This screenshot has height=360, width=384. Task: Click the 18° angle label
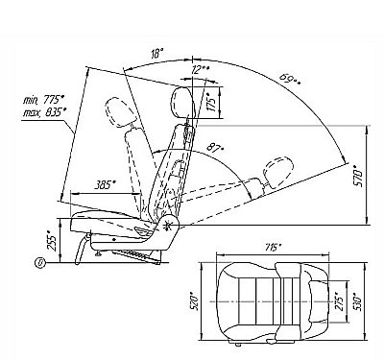(x=156, y=54)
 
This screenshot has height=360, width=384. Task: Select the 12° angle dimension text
(x=201, y=70)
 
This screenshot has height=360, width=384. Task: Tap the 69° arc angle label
(x=290, y=79)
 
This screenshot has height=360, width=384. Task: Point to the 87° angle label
(x=215, y=148)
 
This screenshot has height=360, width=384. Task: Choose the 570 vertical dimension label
(x=358, y=176)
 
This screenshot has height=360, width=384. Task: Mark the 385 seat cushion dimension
(x=105, y=185)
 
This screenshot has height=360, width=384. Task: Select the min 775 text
(x=44, y=100)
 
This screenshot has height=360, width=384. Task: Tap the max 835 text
(x=45, y=112)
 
